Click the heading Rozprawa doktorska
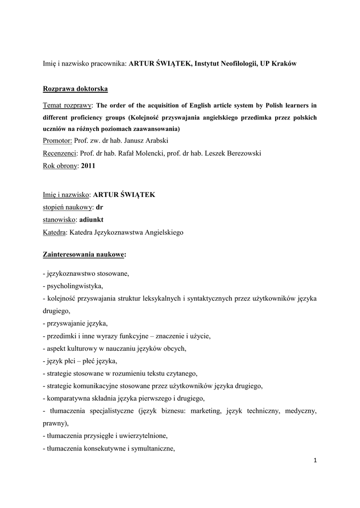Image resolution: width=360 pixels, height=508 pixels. pyautogui.click(x=74, y=89)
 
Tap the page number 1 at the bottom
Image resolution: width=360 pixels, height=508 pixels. pyautogui.click(x=315, y=461)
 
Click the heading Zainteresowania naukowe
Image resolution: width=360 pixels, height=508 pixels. pyautogui.click(x=84, y=254)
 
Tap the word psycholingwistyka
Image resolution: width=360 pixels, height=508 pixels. pyautogui.click(x=73, y=286)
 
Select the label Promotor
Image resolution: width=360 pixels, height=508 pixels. pyautogui.click(x=58, y=141)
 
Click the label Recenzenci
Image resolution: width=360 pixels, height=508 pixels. pyautogui.click(x=60, y=154)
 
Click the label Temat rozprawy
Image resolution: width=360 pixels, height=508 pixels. pyautogui.click(x=67, y=105)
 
